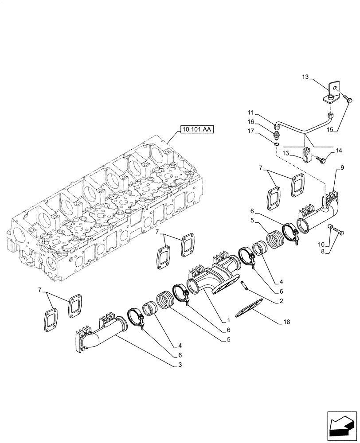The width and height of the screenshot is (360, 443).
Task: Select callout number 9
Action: (x=343, y=168)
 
